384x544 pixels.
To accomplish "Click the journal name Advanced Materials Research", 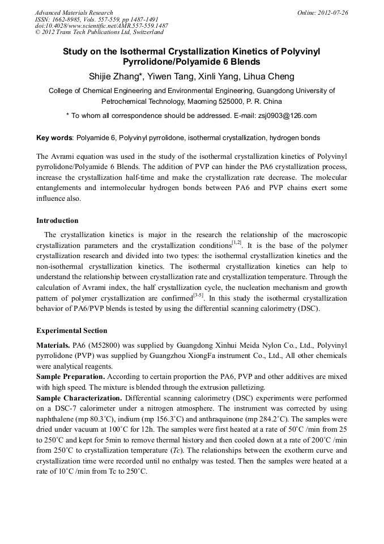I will point(74,12).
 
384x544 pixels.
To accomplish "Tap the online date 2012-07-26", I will point(331,12).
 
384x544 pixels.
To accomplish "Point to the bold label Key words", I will point(54,138).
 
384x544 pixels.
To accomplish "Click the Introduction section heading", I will point(57,221).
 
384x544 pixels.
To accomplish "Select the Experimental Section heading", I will point(71,331).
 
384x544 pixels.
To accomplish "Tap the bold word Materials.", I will point(53,345).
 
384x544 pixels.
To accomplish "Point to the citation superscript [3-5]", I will point(198,295).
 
